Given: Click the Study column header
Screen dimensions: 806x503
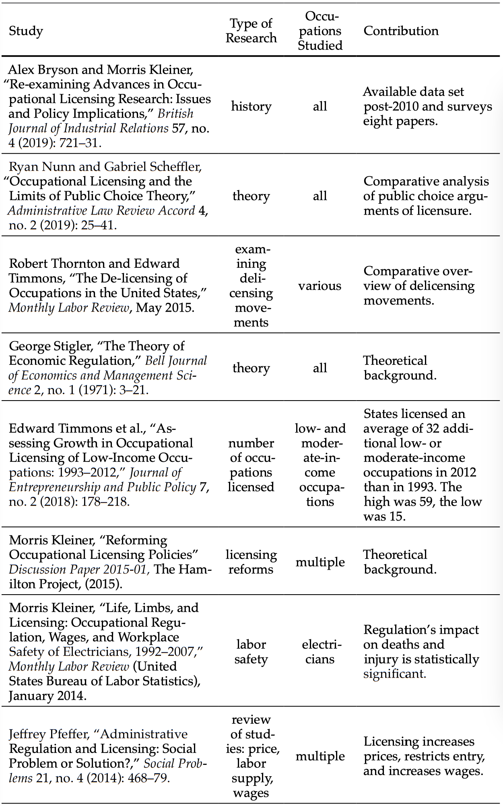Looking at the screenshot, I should tap(26, 31).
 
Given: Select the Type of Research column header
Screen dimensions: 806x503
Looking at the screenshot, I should tap(251, 31).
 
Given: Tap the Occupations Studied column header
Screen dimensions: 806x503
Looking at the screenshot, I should tap(320, 31).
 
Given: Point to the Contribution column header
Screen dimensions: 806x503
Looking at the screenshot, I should tap(401, 31).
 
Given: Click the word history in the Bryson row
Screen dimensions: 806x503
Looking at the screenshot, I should tap(251, 106).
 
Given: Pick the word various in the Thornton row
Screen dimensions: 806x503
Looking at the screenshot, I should tap(320, 285).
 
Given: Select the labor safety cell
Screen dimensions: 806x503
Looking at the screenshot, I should tap(251, 651).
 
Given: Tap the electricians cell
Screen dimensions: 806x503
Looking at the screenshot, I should tap(320, 651).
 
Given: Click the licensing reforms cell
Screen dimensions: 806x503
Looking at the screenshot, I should tap(251, 562).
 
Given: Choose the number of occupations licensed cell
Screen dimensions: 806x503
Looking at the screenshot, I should tap(251, 465).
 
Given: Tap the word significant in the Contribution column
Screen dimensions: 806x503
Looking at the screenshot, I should tap(394, 674).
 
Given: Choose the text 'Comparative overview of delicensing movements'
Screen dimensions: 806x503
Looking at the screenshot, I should tap(418, 285).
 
